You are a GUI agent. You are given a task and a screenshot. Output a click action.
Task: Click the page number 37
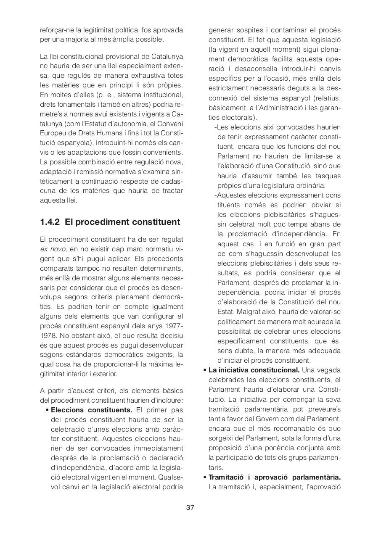[x=190, y=507]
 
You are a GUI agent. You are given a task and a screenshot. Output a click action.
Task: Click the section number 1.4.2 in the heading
[x=50, y=222]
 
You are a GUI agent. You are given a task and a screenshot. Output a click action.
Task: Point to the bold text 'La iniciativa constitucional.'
[x=254, y=370]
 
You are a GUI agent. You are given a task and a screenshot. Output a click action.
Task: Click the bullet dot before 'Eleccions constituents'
[x=48, y=410]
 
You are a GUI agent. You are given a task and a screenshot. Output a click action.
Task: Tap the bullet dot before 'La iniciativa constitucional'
[x=205, y=370]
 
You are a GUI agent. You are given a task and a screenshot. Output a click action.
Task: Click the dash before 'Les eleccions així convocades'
[x=216, y=127]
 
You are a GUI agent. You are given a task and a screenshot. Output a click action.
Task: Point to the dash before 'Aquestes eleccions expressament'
[x=216, y=195]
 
